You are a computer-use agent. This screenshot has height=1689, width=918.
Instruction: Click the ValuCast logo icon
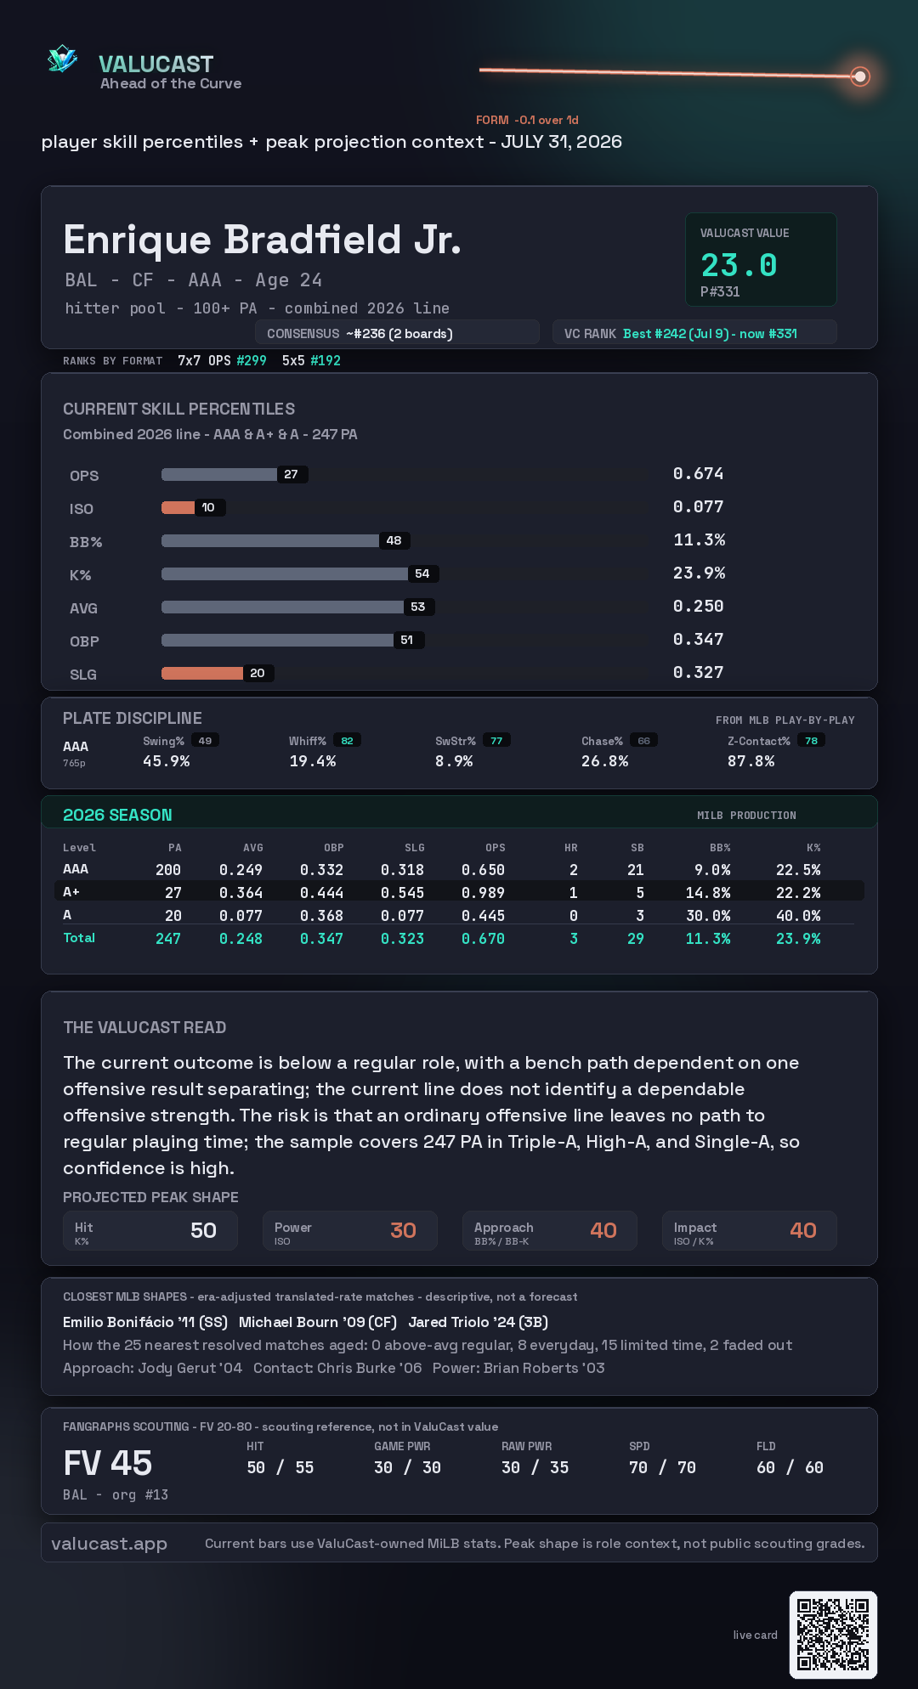coord(62,59)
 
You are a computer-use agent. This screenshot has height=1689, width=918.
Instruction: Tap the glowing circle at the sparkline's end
coord(860,76)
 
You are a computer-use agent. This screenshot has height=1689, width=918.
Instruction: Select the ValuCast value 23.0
coord(739,265)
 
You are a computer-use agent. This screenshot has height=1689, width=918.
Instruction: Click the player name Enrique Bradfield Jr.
coord(262,240)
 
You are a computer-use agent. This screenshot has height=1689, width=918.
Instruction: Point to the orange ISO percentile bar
coord(178,507)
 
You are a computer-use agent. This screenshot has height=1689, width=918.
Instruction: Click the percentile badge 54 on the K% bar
coord(422,573)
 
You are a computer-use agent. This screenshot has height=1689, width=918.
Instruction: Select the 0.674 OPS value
coord(698,473)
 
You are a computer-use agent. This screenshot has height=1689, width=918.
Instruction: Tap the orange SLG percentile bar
coord(202,673)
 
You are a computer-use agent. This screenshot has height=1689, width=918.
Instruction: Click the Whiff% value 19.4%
coord(313,761)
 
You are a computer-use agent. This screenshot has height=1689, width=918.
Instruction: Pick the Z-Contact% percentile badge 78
coord(812,741)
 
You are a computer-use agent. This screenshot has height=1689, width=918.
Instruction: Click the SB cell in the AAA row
coord(635,870)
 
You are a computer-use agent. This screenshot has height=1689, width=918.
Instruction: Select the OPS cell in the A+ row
coord(483,893)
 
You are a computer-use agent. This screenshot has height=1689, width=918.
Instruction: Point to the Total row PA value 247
coord(168,939)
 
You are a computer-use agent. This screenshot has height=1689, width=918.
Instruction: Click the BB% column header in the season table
coord(720,848)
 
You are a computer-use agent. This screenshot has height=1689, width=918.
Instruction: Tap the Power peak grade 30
coord(403,1230)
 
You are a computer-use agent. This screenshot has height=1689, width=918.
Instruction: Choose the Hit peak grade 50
coord(203,1230)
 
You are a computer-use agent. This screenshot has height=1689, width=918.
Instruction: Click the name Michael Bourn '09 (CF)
coord(318,1322)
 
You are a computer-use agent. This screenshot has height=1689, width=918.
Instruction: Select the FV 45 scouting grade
coord(108,1463)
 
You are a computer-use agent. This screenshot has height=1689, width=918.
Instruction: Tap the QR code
coord(833,1635)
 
